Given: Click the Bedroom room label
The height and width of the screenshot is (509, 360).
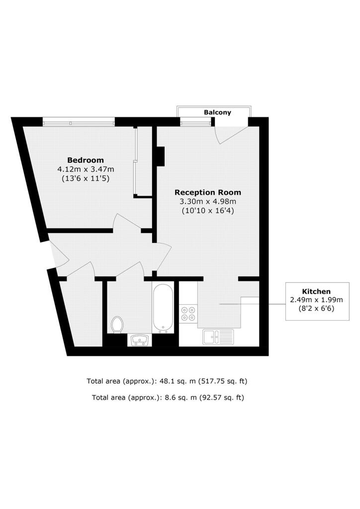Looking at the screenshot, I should [x=86, y=160].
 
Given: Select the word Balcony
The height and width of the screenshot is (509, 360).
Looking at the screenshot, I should [x=217, y=112].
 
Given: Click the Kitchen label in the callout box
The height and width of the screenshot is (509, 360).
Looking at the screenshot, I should [x=317, y=291].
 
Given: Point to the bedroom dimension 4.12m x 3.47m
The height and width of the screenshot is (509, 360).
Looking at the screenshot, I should [x=86, y=169].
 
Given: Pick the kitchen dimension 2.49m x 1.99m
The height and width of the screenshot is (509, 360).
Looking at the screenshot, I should [x=317, y=300].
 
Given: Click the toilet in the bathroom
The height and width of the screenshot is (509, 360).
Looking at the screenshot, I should [x=117, y=325].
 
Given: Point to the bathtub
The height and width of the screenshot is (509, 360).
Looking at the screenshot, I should [x=163, y=308].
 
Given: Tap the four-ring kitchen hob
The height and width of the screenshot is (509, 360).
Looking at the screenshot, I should [x=188, y=313].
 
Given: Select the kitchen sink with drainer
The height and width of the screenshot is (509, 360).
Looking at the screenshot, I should [x=218, y=337].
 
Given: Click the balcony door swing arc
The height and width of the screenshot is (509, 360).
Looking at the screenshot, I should [x=230, y=133].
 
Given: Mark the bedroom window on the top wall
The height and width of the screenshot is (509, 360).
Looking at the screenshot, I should [x=78, y=121].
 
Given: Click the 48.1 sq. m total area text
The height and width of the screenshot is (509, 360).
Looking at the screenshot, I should [x=167, y=381].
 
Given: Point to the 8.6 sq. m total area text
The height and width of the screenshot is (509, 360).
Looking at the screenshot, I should [x=168, y=397].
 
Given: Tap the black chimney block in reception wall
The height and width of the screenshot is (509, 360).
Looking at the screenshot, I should [x=161, y=156].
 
